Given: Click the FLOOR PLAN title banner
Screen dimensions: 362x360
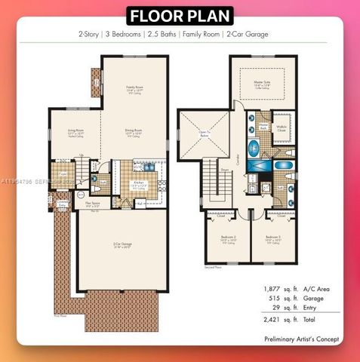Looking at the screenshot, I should click(x=179, y=15).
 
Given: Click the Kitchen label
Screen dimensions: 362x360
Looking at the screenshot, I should click(x=139, y=183).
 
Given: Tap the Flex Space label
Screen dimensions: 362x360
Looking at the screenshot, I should click(x=93, y=204).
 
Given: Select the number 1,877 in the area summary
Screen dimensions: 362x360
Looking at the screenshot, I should click(x=272, y=289).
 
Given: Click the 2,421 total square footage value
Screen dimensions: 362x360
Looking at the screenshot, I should click(x=272, y=320).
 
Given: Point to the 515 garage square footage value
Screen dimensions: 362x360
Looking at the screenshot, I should click(x=275, y=299).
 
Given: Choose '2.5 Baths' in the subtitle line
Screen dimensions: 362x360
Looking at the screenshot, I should click(x=160, y=35).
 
